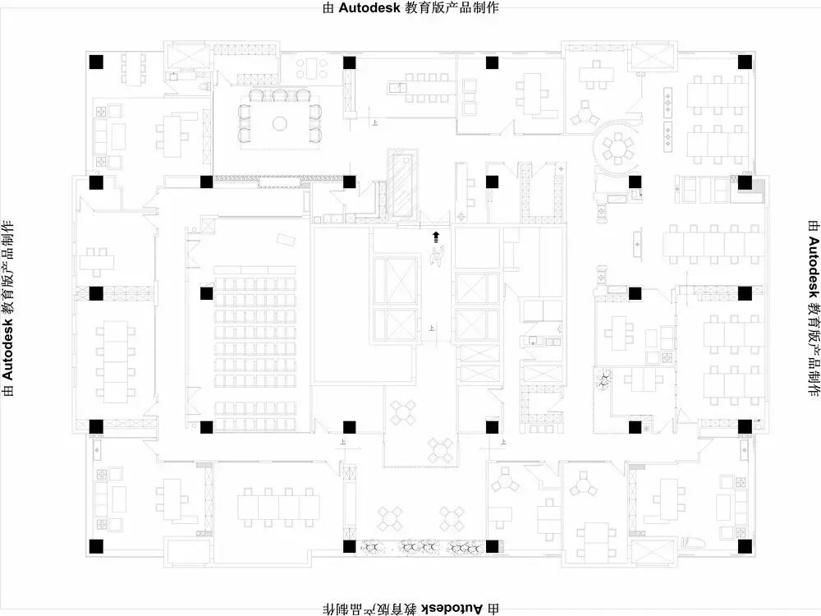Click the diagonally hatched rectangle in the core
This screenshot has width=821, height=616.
[x=402, y=186]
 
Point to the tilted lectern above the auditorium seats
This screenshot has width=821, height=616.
[x=287, y=239]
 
